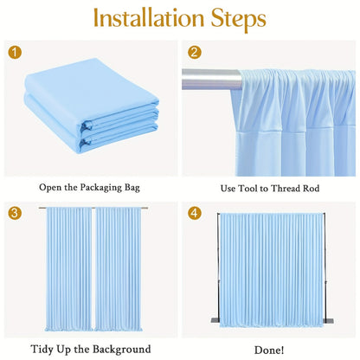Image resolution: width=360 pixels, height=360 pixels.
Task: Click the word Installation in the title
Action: pyautogui.click(x=149, y=18)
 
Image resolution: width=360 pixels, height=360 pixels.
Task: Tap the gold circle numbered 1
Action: pyautogui.click(x=15, y=53)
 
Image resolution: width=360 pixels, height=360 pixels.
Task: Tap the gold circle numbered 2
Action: pyautogui.click(x=195, y=53)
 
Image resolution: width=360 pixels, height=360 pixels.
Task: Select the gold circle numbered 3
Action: pyautogui.click(x=15, y=214)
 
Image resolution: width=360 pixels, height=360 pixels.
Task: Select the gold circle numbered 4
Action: pyautogui.click(x=195, y=214)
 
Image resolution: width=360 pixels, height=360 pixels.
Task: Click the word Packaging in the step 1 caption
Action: pyautogui.click(x=100, y=188)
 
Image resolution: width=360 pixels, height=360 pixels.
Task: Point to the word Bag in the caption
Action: pyautogui.click(x=132, y=188)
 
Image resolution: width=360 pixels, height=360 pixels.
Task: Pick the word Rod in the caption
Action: pyautogui.click(x=311, y=189)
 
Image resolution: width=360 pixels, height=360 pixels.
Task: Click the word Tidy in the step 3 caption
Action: pyautogui.click(x=42, y=350)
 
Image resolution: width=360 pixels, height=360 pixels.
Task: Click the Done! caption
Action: pyautogui.click(x=269, y=350)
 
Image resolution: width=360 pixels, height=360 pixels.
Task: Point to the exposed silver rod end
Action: pyautogui.click(x=211, y=80)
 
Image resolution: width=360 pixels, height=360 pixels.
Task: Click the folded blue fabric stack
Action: pyautogui.click(x=92, y=106)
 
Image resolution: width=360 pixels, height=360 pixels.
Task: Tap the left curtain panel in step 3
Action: pyautogui.click(x=68, y=269)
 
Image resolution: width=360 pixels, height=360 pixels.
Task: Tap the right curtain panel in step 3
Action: pyautogui.click(x=119, y=269)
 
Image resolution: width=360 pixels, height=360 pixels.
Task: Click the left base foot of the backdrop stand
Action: pyautogui.click(x=215, y=320)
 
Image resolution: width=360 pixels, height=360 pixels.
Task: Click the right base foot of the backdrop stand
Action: pyautogui.click(x=328, y=321)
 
